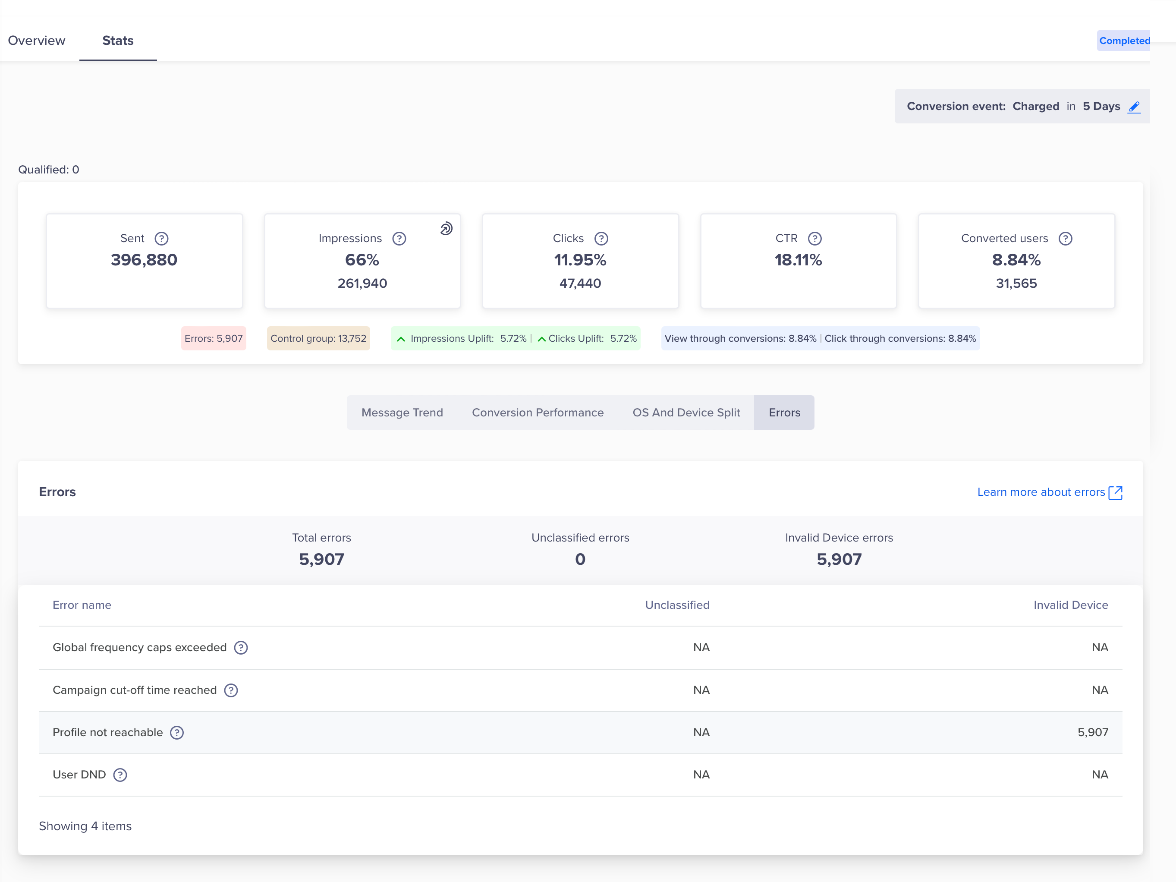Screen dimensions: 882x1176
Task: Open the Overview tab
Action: coord(36,41)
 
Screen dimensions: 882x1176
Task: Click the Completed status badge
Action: coord(1124,41)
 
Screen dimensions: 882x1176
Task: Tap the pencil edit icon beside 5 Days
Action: coord(1134,107)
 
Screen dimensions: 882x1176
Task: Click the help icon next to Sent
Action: coord(162,239)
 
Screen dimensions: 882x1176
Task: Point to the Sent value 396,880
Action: coord(144,260)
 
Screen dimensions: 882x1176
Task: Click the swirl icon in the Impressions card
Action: coord(446,229)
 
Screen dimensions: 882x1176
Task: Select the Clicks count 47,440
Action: coord(580,283)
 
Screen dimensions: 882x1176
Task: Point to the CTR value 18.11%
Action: coord(798,260)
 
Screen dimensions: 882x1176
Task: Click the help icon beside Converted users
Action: coord(1066,239)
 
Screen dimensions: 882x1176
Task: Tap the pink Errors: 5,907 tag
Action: coord(213,339)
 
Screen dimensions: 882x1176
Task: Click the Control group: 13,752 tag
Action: coord(318,339)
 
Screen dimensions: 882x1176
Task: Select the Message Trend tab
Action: coord(402,413)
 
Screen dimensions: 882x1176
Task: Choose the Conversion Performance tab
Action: coord(538,413)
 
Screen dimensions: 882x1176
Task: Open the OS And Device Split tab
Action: coord(686,413)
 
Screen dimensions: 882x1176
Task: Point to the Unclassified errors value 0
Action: coord(580,559)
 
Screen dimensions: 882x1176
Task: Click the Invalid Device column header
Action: coord(1070,605)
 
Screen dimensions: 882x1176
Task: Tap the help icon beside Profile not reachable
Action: coord(177,733)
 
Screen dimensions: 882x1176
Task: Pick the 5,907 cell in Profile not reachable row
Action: coord(1093,733)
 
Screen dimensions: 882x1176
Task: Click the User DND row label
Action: coord(79,775)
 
